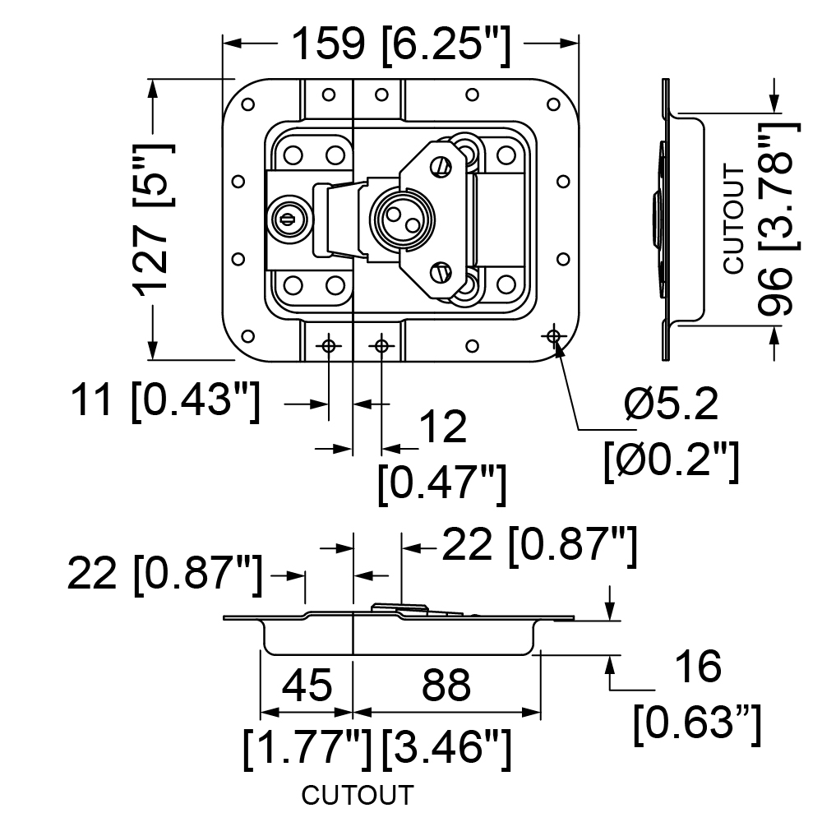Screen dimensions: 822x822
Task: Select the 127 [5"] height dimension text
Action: click(153, 219)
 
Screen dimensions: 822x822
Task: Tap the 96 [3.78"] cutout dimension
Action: click(779, 219)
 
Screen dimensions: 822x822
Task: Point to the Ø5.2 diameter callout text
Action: click(671, 404)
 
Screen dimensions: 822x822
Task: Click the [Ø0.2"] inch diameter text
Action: click(672, 459)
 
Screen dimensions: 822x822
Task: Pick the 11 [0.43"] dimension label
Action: click(165, 401)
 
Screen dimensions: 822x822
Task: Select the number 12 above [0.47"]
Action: click(443, 427)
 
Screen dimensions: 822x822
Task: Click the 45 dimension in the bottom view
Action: click(307, 685)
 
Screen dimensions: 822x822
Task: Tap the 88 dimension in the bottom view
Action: click(446, 685)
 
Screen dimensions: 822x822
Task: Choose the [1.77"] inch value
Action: click(307, 748)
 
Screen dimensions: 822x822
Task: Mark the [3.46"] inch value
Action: click(446, 748)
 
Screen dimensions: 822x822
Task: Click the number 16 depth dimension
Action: click(698, 667)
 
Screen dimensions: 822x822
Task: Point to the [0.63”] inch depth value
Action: click(697, 723)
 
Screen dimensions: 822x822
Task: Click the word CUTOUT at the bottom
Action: click(358, 795)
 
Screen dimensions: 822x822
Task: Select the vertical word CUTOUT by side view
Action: click(734, 219)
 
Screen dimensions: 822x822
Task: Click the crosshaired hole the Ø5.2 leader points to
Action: click(553, 335)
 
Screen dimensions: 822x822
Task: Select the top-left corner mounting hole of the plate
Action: click(248, 104)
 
